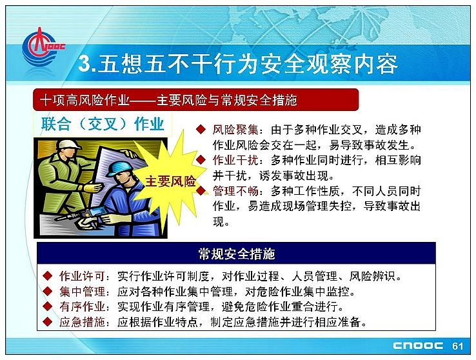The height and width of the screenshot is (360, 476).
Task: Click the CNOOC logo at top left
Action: (x=42, y=47)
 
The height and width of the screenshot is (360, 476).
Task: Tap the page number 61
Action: (x=457, y=346)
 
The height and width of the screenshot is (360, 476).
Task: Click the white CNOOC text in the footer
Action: (x=418, y=346)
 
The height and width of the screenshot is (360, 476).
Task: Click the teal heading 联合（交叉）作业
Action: (x=103, y=124)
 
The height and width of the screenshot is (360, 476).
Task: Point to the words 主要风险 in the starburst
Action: (x=171, y=181)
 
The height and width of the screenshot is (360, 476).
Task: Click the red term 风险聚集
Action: (x=235, y=130)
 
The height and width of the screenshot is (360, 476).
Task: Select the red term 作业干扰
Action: (x=235, y=160)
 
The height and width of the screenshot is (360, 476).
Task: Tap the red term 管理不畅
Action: (x=235, y=191)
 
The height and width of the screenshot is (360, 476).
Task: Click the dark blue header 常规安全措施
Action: (x=237, y=254)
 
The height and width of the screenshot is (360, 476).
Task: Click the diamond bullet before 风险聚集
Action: (x=201, y=129)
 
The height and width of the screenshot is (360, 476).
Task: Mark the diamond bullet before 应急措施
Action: (x=47, y=321)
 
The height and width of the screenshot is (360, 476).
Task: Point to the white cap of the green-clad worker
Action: (x=68, y=145)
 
